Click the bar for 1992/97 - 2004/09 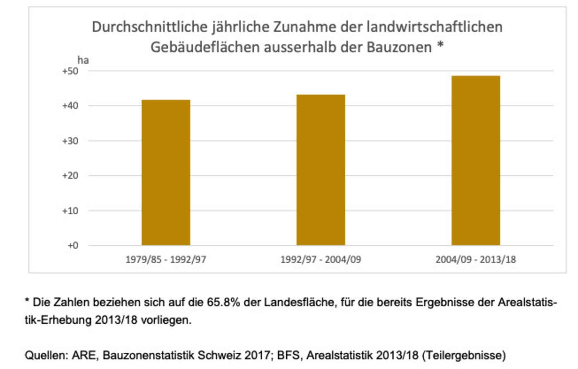tap(320, 170)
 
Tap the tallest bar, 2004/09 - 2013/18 tap(475, 160)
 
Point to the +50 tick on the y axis tap(70, 71)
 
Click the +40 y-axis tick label tap(70, 106)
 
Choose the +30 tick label tap(70, 141)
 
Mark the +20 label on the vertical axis tap(70, 176)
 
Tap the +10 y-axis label tap(70, 211)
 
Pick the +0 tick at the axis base tap(72, 246)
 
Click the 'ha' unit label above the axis tap(83, 60)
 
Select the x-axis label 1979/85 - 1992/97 tap(166, 260)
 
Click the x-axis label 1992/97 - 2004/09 tap(320, 260)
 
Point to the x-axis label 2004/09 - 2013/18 tap(475, 260)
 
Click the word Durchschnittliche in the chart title tap(149, 27)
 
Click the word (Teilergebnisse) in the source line tap(464, 355)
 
